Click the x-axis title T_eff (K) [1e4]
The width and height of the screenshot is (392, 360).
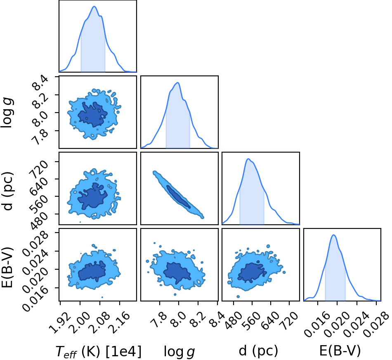coord(98,351)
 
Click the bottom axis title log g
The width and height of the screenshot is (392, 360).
coord(179,352)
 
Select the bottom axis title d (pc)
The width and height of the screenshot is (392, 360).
coord(258,351)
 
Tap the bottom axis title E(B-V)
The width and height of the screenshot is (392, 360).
coord(340,351)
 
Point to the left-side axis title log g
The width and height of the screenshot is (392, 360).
coord(7,113)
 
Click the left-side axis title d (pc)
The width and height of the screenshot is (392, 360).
coord(8,191)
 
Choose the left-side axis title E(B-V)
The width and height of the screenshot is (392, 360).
coord(8,267)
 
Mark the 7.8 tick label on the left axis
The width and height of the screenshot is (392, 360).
coord(40,137)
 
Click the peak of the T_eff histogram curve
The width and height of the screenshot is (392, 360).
coord(94,6)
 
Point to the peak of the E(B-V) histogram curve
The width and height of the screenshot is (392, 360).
coord(333,235)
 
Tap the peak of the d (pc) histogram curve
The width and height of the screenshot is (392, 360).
coord(248,159)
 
